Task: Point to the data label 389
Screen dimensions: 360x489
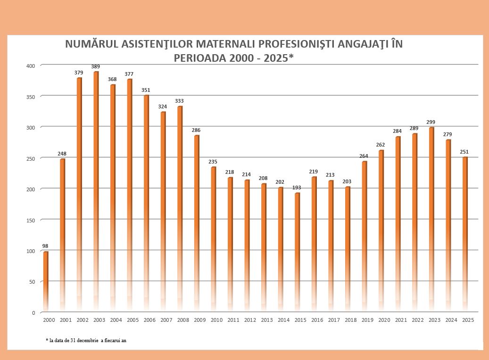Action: click(96, 67)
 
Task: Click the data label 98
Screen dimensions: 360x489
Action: click(45, 246)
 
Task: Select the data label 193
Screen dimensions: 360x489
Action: click(297, 188)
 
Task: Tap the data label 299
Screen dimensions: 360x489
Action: click(431, 123)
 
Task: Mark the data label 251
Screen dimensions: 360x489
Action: click(464, 152)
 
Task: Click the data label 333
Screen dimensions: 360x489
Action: click(180, 101)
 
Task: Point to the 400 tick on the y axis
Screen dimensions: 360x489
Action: click(31, 65)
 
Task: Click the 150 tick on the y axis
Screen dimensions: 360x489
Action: click(31, 220)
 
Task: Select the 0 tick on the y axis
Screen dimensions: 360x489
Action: click(33, 312)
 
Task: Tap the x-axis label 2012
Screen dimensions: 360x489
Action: click(250, 320)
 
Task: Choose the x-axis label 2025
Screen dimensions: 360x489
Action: click(468, 320)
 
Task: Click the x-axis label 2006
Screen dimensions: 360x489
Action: click(149, 320)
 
